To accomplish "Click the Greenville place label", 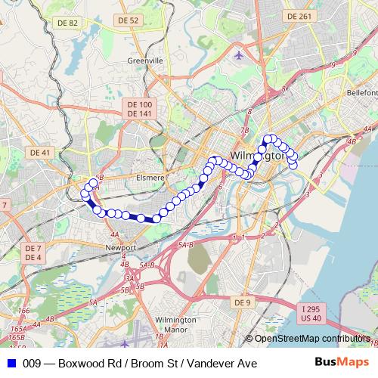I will coord(145,60).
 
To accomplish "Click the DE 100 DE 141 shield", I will coord(140,109).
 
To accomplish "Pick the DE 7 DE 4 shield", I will coord(33,253).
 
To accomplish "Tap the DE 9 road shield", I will coord(241,302).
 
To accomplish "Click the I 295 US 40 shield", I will coord(311,313).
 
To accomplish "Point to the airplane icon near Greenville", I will coord(240,54).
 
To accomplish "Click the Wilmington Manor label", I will coord(175,325).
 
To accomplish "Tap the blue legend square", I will coord(11,364).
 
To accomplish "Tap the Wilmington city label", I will coord(257,156).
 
